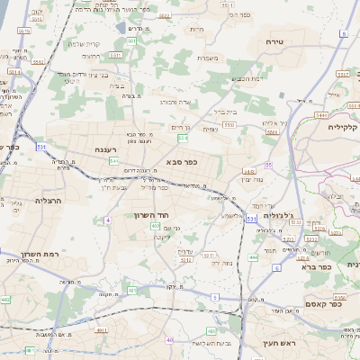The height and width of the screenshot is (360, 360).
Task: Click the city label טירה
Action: tap(275, 42)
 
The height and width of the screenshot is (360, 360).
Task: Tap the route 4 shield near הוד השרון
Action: tap(107, 219)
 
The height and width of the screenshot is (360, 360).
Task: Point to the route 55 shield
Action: tap(268, 165)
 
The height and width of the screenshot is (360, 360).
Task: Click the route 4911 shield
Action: tap(101, 330)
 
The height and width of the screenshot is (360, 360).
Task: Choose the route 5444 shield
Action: tap(321, 116)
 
